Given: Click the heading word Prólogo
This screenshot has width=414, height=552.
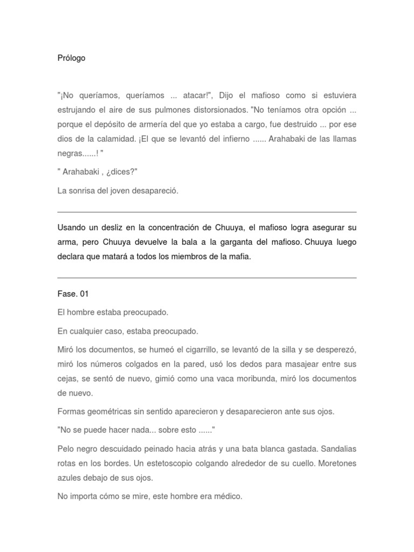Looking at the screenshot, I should pos(71,58).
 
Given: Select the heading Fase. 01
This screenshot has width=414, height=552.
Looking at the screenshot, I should pos(73,294).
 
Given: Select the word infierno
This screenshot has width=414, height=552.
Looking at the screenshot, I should pos(233,139).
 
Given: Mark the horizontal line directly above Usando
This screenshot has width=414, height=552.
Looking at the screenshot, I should pos(206,212).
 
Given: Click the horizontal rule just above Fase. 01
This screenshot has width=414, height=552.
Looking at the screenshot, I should pos(206,278).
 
